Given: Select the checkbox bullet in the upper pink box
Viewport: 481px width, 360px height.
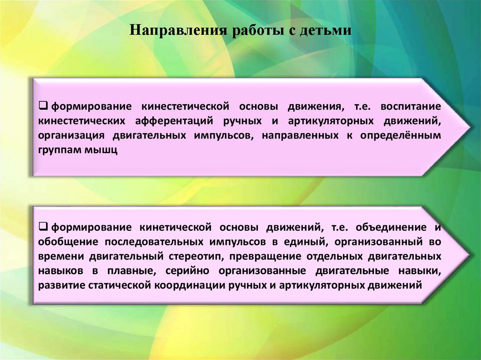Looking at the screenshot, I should coord(41,106).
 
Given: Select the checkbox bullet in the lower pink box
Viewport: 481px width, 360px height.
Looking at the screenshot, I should coord(41,227).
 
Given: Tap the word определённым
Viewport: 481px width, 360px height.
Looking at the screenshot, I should coord(401,136).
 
